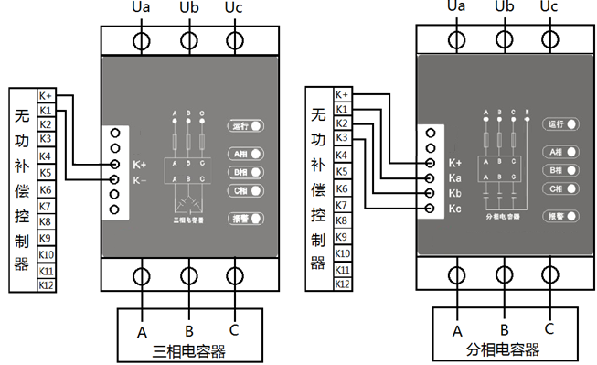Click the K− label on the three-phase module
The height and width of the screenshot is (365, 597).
tap(140, 179)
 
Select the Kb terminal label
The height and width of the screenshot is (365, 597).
tap(454, 194)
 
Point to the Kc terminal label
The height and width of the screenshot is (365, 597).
tap(454, 209)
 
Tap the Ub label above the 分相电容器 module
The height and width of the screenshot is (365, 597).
tap(504, 7)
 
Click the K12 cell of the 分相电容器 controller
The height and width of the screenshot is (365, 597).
tap(342, 284)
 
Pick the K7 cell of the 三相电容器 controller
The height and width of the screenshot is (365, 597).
tap(45, 206)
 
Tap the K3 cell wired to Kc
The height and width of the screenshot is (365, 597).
tap(342, 138)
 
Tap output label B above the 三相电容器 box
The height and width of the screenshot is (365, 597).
tap(188, 331)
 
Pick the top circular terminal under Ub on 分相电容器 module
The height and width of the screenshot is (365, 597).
tap(504, 39)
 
